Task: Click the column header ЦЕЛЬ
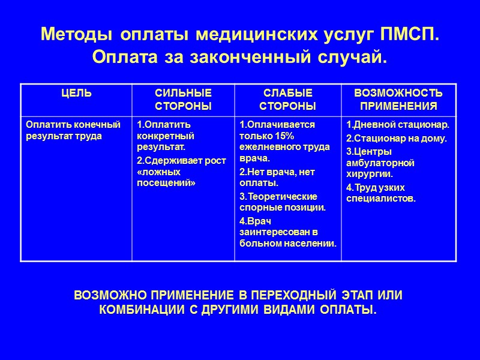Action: [76, 93]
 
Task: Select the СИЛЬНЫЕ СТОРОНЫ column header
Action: [183, 99]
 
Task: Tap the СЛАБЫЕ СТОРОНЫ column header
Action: [289, 99]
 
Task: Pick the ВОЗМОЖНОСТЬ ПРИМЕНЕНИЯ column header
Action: [398, 99]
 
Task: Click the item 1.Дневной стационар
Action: [398, 125]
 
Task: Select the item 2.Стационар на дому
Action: [397, 138]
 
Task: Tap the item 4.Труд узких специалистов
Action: [380, 193]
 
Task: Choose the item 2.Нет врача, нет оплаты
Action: [277, 177]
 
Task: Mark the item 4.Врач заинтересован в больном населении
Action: [287, 232]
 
